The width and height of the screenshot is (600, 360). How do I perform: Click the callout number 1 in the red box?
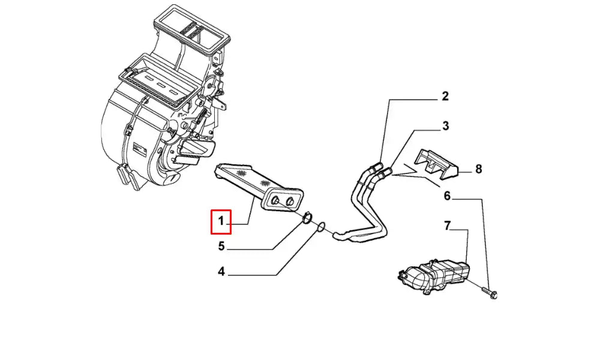(221, 222)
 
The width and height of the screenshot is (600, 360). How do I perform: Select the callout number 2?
(445, 96)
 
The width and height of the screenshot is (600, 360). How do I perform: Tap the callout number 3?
(445, 126)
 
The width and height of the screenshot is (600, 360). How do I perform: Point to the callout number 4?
(221, 272)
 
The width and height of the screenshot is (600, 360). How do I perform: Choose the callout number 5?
(221, 245)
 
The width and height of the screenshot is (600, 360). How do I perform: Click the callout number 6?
(447, 196)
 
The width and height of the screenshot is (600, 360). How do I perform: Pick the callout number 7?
(447, 226)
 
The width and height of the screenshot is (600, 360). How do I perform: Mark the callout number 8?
(478, 169)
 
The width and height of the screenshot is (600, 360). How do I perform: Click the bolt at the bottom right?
(491, 293)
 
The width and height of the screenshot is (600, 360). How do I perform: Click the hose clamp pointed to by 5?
(306, 219)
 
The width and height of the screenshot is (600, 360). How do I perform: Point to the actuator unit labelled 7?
(435, 273)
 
